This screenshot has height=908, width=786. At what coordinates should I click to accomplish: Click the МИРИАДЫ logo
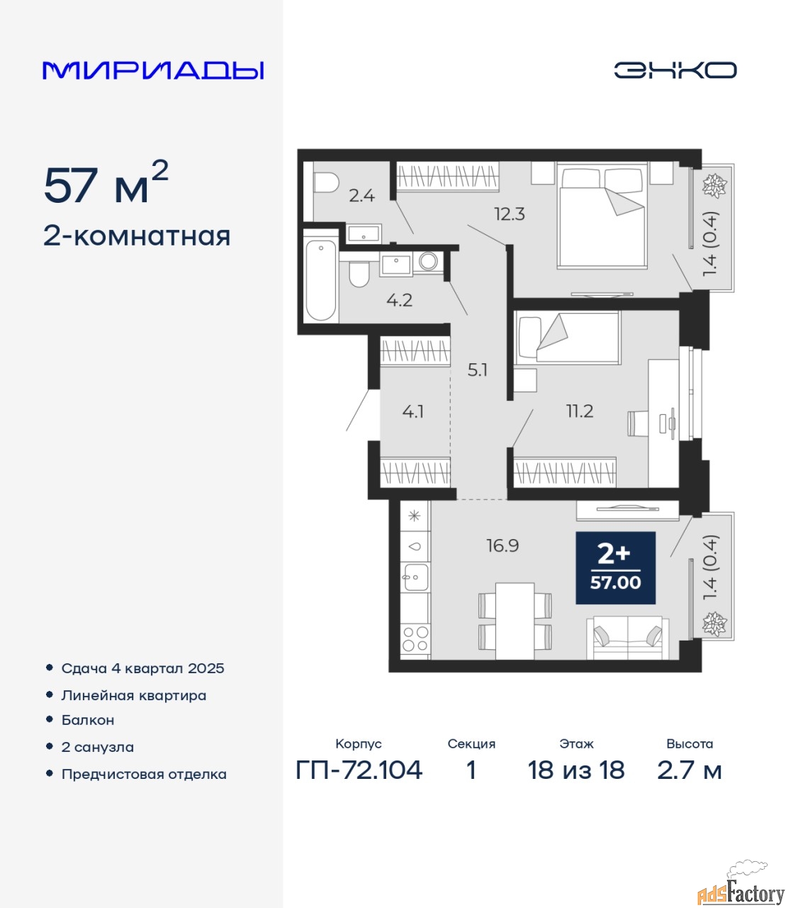click(x=153, y=70)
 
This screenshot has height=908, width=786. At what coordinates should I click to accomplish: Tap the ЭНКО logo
click(x=675, y=70)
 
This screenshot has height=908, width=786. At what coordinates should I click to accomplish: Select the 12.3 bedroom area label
click(x=509, y=214)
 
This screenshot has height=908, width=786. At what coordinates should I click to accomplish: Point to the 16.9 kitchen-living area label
click(x=503, y=546)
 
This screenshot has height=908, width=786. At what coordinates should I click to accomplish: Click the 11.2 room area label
click(x=579, y=411)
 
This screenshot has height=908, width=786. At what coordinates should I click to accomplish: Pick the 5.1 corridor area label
click(x=478, y=370)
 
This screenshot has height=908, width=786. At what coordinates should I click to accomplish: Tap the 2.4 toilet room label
click(x=361, y=196)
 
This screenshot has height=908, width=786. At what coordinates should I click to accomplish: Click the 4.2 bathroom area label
click(x=399, y=301)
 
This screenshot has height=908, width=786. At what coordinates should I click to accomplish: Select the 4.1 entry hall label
click(x=413, y=412)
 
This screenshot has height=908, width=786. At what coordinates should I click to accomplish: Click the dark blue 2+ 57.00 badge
click(x=615, y=568)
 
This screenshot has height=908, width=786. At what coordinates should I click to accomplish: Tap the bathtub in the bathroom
click(x=321, y=280)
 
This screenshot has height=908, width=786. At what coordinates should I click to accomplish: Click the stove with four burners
click(x=415, y=638)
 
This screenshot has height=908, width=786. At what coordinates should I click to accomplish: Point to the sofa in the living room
click(x=627, y=637)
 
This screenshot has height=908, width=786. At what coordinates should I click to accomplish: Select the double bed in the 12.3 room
click(x=602, y=215)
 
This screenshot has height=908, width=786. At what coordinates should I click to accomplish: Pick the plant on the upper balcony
click(x=714, y=185)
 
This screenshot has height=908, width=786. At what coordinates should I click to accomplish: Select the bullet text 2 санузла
click(x=97, y=747)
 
